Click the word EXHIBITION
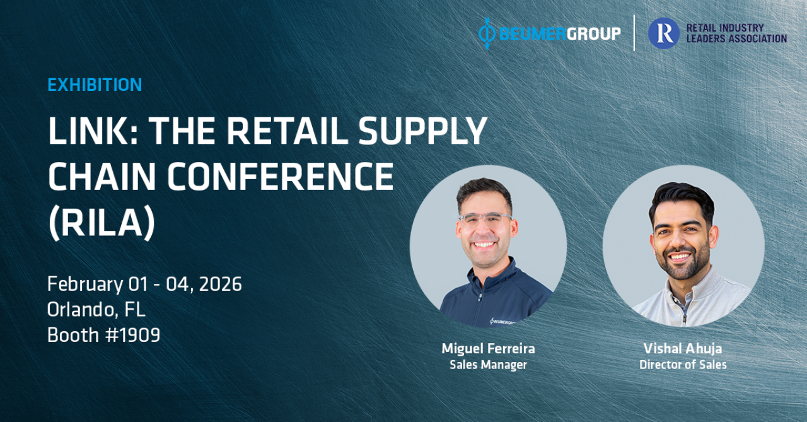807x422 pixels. coord(95,85)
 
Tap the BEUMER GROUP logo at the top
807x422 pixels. coord(550,33)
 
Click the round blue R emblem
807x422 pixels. coord(664,33)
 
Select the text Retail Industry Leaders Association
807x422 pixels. coord(736,33)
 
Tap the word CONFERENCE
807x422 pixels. coord(280,177)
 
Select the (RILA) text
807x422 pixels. coord(102,223)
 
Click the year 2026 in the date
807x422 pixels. coord(220,284)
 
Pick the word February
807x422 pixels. coord(85,285)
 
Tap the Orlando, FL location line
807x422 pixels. coord(96,310)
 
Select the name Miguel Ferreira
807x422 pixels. coord(488,348)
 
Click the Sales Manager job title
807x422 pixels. coord(488,365)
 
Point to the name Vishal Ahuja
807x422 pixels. coord(683,348)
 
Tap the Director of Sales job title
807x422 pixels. coord(683,365)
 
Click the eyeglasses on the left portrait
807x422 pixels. coord(485,220)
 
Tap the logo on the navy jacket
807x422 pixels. coord(502,322)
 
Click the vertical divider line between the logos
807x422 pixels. coord(634,33)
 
